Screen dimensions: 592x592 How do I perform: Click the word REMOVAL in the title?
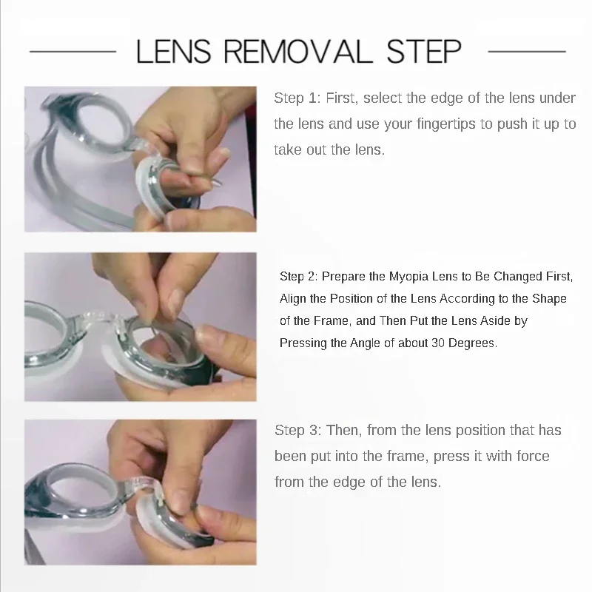click(295, 51)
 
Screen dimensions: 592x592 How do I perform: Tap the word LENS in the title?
click(173, 51)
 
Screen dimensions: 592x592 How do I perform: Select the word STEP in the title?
click(423, 51)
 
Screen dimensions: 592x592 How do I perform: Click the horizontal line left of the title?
click(73, 51)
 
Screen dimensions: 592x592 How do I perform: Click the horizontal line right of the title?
click(527, 51)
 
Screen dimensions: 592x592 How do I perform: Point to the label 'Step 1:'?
click(297, 98)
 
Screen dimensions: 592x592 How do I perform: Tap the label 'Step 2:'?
click(299, 276)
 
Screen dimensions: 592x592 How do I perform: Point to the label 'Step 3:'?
click(298, 430)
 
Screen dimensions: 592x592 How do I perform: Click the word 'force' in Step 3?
click(533, 456)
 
